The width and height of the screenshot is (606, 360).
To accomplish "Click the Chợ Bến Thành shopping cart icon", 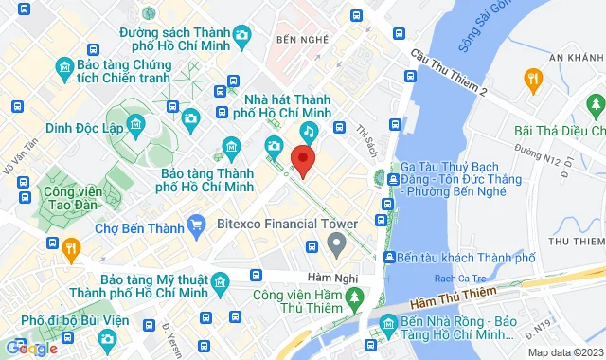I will [197, 225].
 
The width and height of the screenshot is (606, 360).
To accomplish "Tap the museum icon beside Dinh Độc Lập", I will [136, 124].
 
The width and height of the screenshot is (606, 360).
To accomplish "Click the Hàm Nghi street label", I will [303, 277].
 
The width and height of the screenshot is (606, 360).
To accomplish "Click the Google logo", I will [31, 348].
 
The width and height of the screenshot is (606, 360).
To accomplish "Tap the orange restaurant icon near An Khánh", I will [534, 79].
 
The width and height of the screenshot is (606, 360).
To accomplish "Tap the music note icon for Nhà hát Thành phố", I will [309, 131].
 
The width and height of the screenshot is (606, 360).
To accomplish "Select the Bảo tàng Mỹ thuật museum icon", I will [220, 282].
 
